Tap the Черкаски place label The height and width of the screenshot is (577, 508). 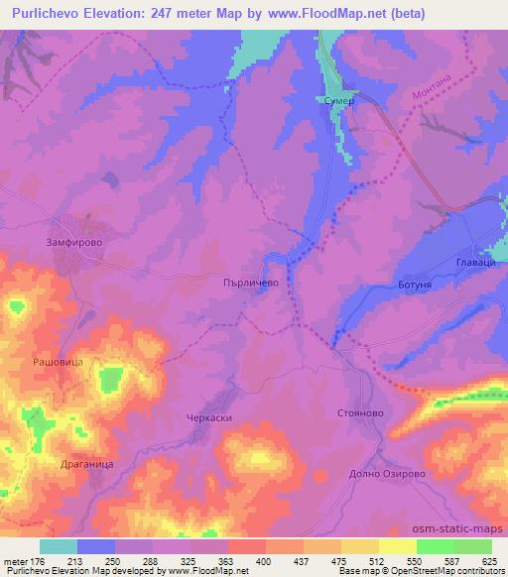[209, 418]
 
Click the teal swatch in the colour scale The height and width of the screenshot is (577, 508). [58, 546]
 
